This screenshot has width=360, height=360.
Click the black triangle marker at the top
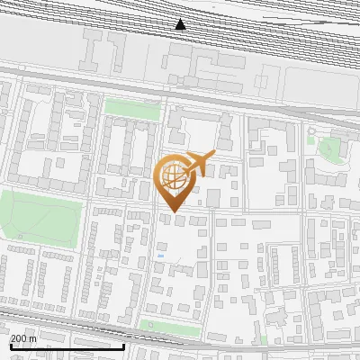click(181, 24)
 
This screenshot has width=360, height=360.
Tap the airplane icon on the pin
click(201, 163)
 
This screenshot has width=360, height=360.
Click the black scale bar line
click(67, 347)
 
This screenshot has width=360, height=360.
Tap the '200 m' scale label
click(23, 338)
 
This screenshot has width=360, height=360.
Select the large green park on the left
click(40, 216)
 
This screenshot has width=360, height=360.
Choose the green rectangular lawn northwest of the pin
click(132, 109)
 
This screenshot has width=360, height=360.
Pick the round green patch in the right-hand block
click(330, 148)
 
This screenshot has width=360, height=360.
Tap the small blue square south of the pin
click(161, 256)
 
